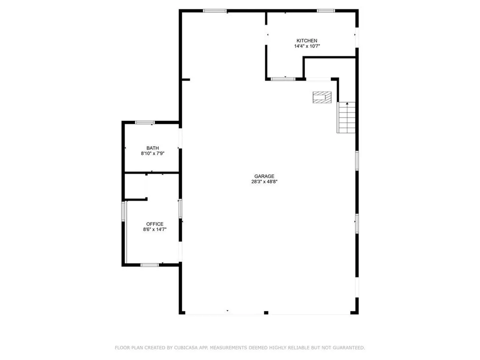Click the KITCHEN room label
tap(307, 41)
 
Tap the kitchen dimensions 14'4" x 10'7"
tap(307, 46)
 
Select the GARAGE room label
tap(264, 176)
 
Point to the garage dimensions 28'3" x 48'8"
tap(264, 181)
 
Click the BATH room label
tap(152, 148)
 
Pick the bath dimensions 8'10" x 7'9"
tap(152, 153)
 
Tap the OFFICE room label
tap(155, 224)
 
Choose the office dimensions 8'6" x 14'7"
tap(155, 229)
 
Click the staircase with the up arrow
tap(346, 118)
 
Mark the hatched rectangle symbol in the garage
tap(322, 97)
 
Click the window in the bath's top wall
tap(145, 122)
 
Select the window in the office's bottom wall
tap(150, 265)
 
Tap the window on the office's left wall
tap(123, 211)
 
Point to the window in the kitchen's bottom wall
tap(283, 79)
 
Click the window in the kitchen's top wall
tap(326, 11)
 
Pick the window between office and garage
tap(180, 209)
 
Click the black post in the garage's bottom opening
tap(266, 313)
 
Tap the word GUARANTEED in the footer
tap(349, 348)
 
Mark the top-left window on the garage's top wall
tap(215, 11)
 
